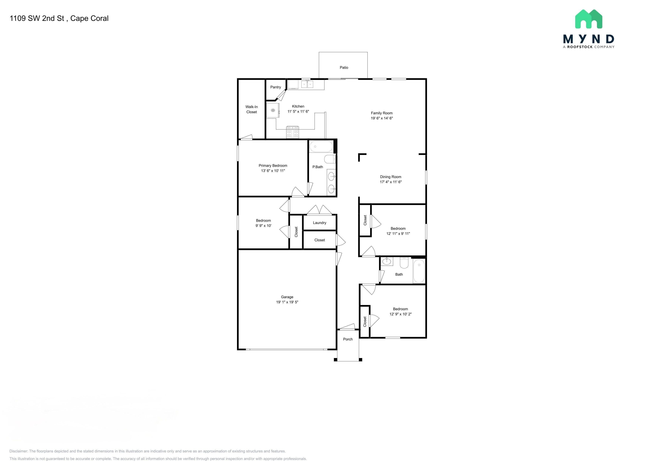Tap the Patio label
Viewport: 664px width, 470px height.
(344, 67)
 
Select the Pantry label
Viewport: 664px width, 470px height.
(276, 87)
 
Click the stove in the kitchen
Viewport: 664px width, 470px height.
(292, 132)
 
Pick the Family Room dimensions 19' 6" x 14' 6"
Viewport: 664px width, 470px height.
(382, 118)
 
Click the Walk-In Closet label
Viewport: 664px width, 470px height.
(252, 109)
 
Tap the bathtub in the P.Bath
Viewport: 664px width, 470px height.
(321, 146)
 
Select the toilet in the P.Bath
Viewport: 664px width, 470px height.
(330, 159)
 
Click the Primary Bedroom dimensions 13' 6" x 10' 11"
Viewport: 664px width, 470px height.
(273, 171)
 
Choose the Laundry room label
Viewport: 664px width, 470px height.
(320, 223)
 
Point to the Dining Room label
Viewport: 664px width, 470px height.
(391, 177)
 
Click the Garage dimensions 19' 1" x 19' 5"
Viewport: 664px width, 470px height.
(287, 302)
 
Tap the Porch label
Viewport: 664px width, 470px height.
(348, 339)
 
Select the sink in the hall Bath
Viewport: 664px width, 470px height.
(387, 262)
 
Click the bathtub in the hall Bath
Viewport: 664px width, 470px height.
(419, 271)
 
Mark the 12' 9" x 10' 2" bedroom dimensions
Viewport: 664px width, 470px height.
(401, 314)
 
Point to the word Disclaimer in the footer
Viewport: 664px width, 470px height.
(19, 451)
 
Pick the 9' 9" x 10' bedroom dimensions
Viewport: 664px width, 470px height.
(263, 226)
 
